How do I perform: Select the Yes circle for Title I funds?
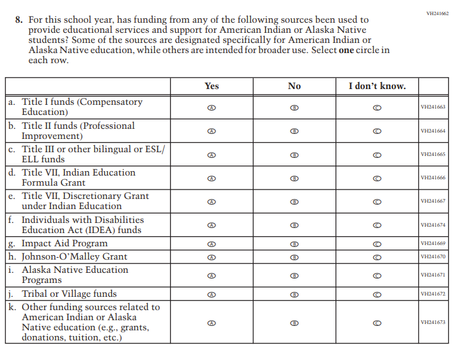point(212,107)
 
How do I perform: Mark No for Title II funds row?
point(294,131)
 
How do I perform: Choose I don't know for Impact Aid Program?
point(377,244)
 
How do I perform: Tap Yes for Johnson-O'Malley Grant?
point(212,257)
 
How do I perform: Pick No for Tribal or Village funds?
point(294,294)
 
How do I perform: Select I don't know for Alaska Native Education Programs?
point(377,275)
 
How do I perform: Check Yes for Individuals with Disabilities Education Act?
point(212,225)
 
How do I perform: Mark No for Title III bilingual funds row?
point(294,155)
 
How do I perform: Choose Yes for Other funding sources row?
point(212,323)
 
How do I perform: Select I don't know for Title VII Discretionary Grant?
point(377,201)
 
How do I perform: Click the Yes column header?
point(212,86)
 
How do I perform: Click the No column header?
point(294,86)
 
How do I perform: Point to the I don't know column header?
point(377,86)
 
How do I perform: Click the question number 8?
point(18,20)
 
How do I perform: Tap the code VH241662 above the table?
point(438,13)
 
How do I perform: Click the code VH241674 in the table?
point(433,225)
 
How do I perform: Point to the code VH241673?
point(433,323)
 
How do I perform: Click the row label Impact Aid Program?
point(64,244)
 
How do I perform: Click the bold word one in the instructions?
point(346,50)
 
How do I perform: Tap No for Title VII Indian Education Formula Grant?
point(294,178)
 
